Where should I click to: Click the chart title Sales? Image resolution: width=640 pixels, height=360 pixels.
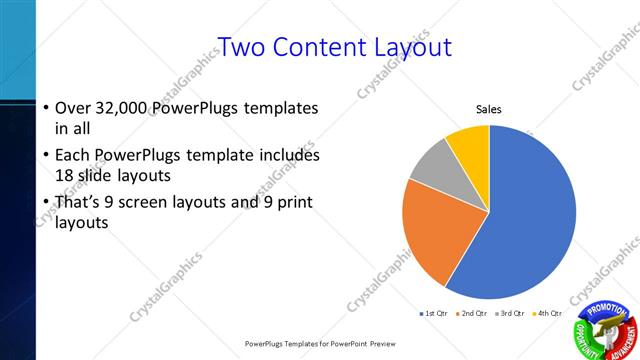[488, 109]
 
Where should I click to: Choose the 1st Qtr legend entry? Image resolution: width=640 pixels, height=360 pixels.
[433, 314]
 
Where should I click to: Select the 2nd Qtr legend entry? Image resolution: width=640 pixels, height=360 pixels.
[470, 314]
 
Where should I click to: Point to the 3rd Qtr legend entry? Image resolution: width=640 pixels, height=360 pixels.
[508, 314]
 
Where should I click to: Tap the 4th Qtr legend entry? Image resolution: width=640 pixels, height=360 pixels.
[546, 314]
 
